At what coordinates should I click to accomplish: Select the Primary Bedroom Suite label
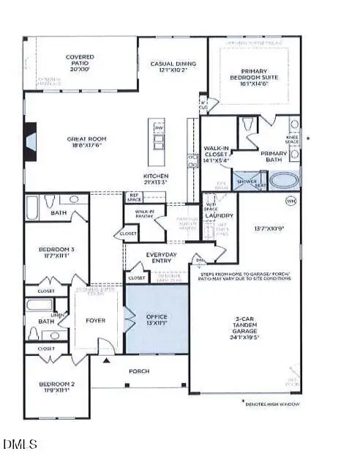(x=256, y=78)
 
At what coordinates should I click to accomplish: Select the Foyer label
(x=95, y=319)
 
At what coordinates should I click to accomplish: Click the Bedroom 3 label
(x=54, y=253)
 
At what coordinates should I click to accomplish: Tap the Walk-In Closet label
(x=219, y=149)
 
